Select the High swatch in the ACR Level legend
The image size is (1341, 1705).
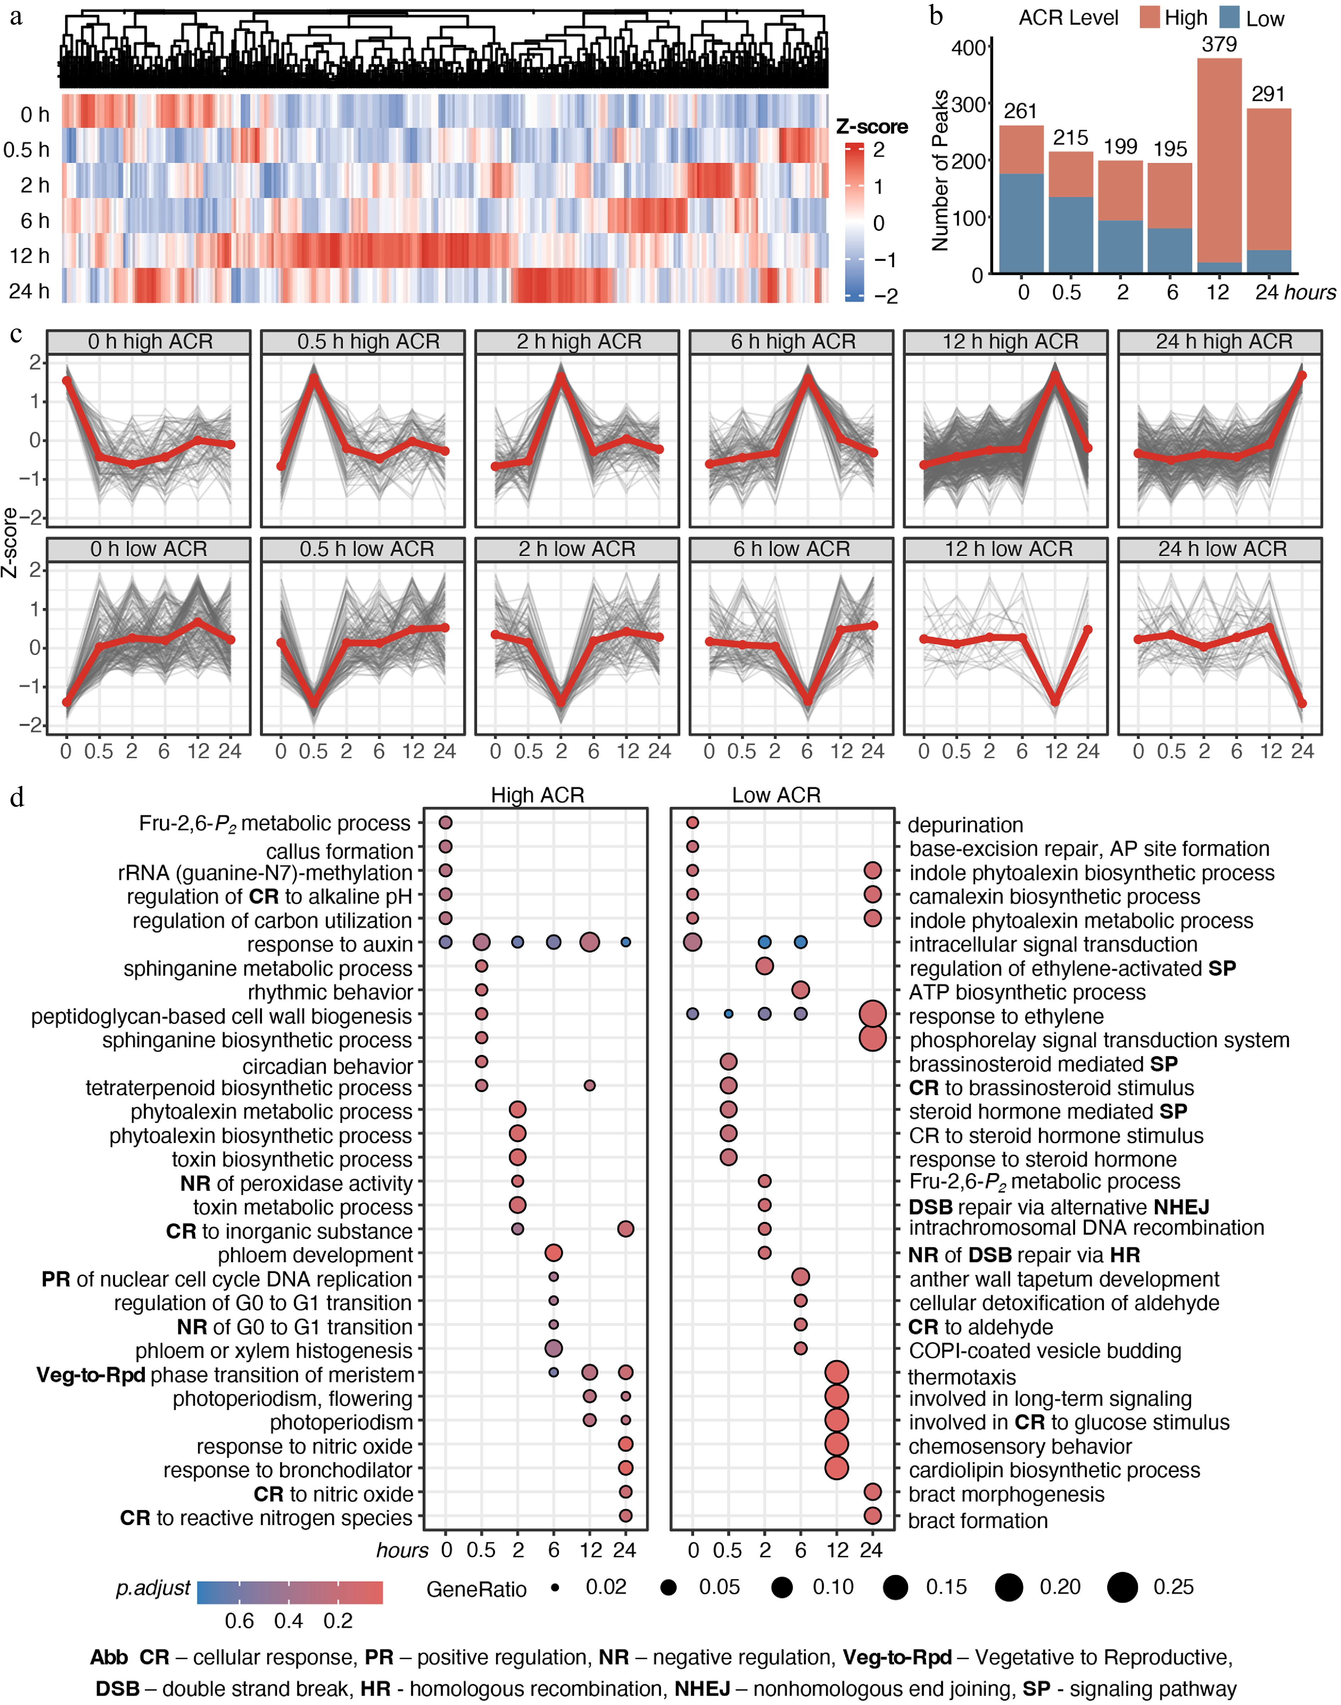pyautogui.click(x=1150, y=17)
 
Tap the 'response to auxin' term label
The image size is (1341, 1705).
pyautogui.click(x=330, y=944)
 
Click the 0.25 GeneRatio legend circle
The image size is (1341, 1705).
pyautogui.click(x=1123, y=1587)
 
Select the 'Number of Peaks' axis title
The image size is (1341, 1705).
pyautogui.click(x=940, y=171)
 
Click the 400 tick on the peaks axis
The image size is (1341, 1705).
pyautogui.click(x=968, y=48)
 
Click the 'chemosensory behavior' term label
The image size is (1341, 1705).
pyautogui.click(x=1020, y=1446)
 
